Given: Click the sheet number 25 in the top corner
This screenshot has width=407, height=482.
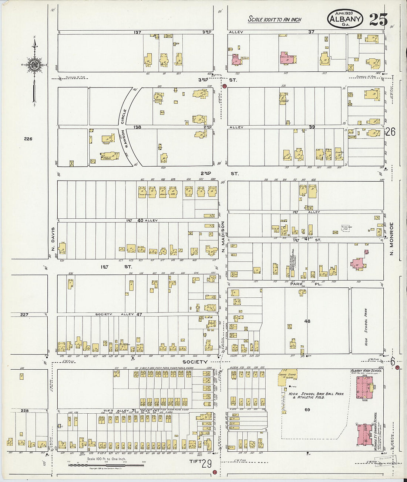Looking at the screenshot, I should pos(378,19).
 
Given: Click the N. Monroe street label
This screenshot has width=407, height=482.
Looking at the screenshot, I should pos(392,239).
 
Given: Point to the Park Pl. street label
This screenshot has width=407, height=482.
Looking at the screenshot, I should pos(306,284).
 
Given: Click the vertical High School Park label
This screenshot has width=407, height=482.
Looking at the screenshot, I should pos(366,321).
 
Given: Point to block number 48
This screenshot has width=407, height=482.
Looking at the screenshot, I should pos(307,321).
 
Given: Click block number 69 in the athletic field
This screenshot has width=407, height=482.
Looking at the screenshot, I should pos(307,410).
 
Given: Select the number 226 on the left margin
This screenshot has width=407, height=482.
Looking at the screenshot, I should pos(28,139).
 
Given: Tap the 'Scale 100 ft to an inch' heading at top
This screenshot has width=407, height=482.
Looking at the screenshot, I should pos(274,19).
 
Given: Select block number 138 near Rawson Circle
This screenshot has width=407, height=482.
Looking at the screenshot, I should pos(137,127).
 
